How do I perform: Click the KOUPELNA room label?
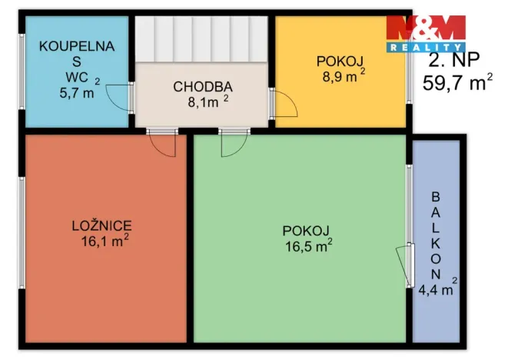76,46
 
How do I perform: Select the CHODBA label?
202,86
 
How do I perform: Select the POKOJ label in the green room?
305,231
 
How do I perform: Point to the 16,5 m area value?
307,246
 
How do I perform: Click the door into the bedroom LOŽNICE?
162,145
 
